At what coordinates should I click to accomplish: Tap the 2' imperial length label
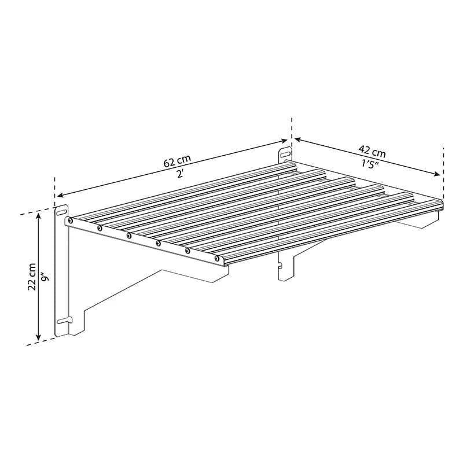[181, 174]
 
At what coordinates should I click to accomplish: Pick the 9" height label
[46, 277]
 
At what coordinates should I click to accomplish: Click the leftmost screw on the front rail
[71, 221]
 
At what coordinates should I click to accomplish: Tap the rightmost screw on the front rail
[218, 259]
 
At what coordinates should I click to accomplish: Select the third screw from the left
[129, 236]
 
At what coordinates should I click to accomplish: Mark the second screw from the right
[188, 251]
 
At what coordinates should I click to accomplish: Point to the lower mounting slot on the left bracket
[63, 319]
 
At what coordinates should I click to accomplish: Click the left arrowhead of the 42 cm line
[296, 139]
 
